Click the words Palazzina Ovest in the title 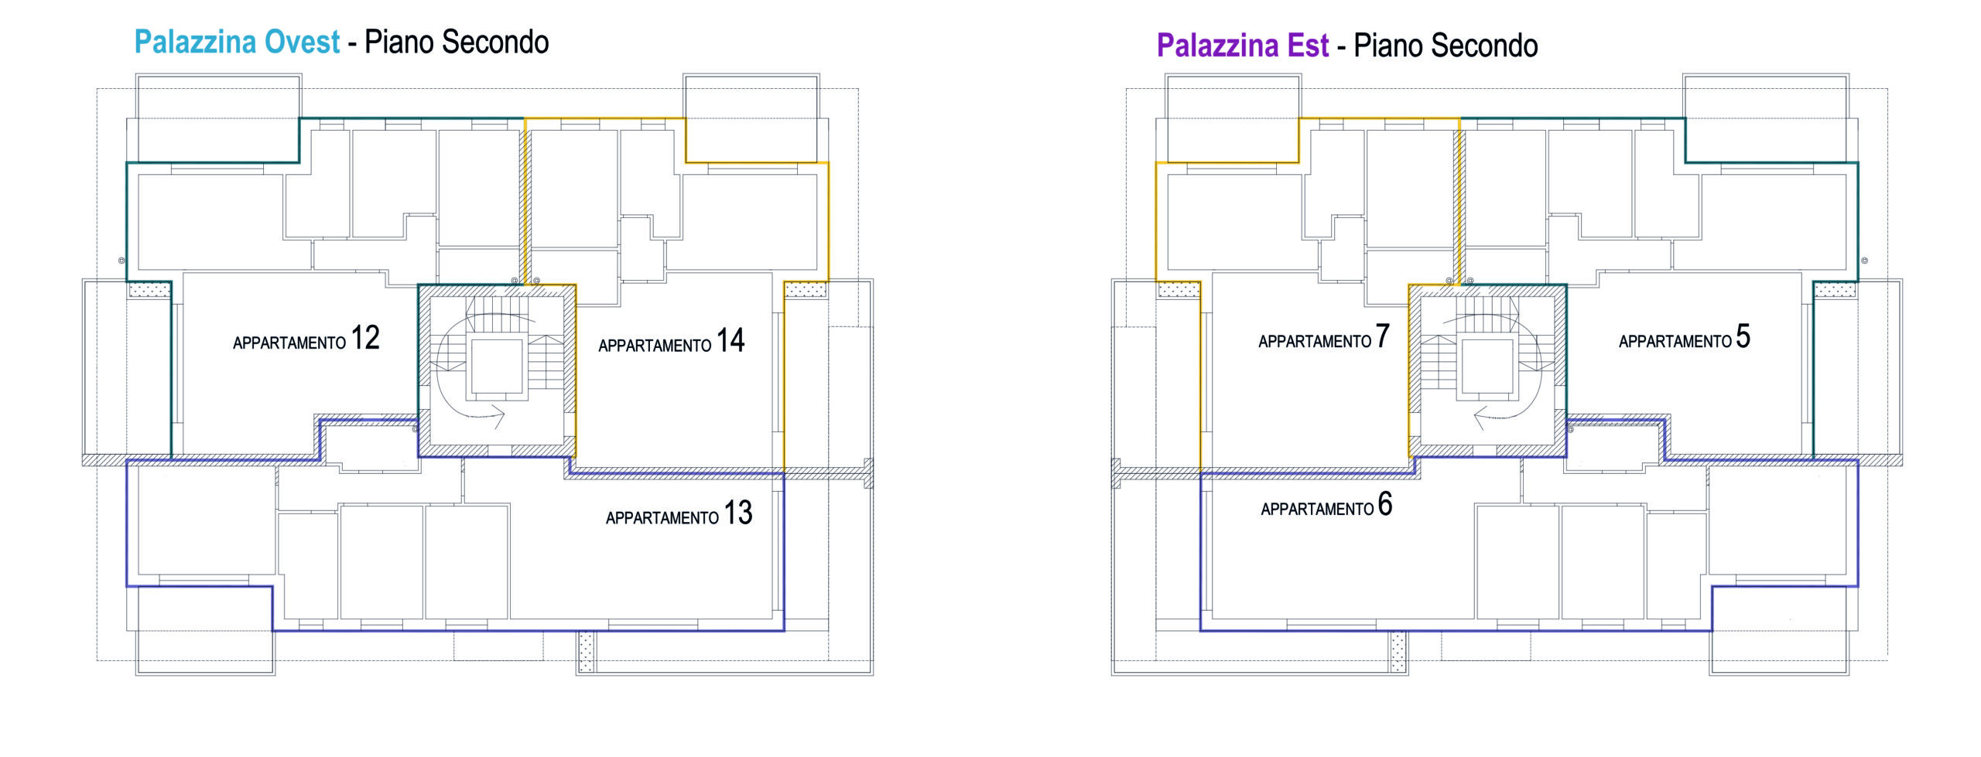click(x=237, y=42)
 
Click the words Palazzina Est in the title click(x=1243, y=46)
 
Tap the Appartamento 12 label click(x=306, y=339)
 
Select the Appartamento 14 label click(x=671, y=341)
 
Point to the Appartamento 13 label click(x=679, y=513)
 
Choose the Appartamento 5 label click(x=1685, y=337)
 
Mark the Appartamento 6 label click(x=1326, y=505)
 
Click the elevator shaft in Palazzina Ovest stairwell click(x=497, y=367)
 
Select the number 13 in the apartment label click(x=738, y=513)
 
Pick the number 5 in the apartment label click(x=1743, y=336)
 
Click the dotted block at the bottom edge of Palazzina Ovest click(x=587, y=652)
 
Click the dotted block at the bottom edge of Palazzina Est click(x=1398, y=652)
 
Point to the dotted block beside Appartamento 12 click(x=149, y=290)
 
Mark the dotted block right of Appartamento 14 click(x=806, y=290)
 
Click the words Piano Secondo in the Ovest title click(x=457, y=43)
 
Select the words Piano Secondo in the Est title click(x=1446, y=46)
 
